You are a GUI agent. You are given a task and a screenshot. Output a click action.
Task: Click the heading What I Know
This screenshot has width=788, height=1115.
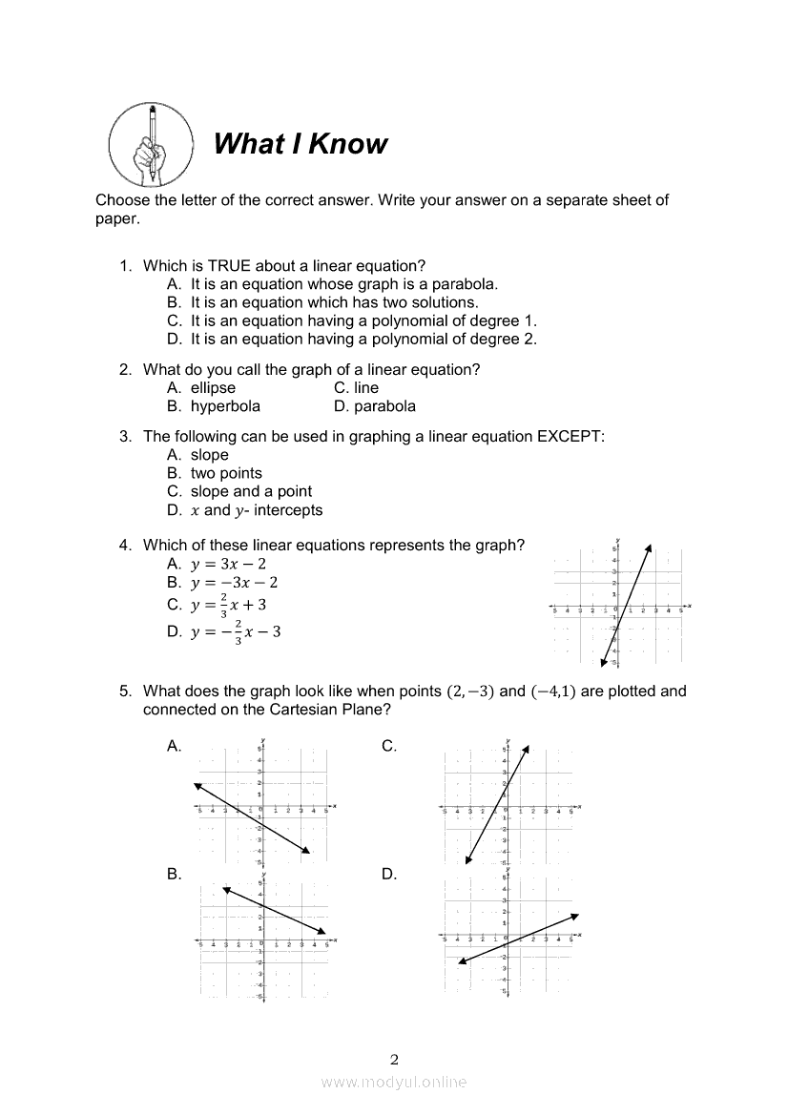[x=301, y=144]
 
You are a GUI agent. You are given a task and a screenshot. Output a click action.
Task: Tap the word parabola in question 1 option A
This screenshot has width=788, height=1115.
[x=467, y=284]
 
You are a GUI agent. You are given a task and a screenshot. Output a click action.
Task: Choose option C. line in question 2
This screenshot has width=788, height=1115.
[x=357, y=388]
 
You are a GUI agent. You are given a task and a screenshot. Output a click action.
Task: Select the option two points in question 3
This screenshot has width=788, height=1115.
[x=226, y=473]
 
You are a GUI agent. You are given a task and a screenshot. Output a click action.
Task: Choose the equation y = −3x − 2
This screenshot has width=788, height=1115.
[x=234, y=583]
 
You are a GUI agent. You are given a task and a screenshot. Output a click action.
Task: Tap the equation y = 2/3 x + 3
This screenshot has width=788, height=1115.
[x=229, y=605]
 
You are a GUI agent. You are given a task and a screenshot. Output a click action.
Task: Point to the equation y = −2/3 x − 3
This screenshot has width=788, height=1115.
[x=235, y=630]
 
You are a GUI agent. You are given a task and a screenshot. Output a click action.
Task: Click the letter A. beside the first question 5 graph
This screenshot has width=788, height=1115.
[x=175, y=747]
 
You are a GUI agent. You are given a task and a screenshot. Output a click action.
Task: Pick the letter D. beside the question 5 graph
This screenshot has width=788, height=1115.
[x=389, y=874]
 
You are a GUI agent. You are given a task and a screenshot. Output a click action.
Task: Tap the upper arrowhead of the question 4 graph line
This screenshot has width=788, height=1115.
[x=648, y=547]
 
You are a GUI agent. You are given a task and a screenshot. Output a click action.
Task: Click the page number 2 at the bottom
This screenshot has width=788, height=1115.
[x=394, y=1059]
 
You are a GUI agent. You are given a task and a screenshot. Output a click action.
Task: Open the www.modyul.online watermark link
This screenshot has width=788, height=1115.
[x=394, y=1082]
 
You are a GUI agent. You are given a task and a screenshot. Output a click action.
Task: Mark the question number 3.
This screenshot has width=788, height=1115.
[x=125, y=437]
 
